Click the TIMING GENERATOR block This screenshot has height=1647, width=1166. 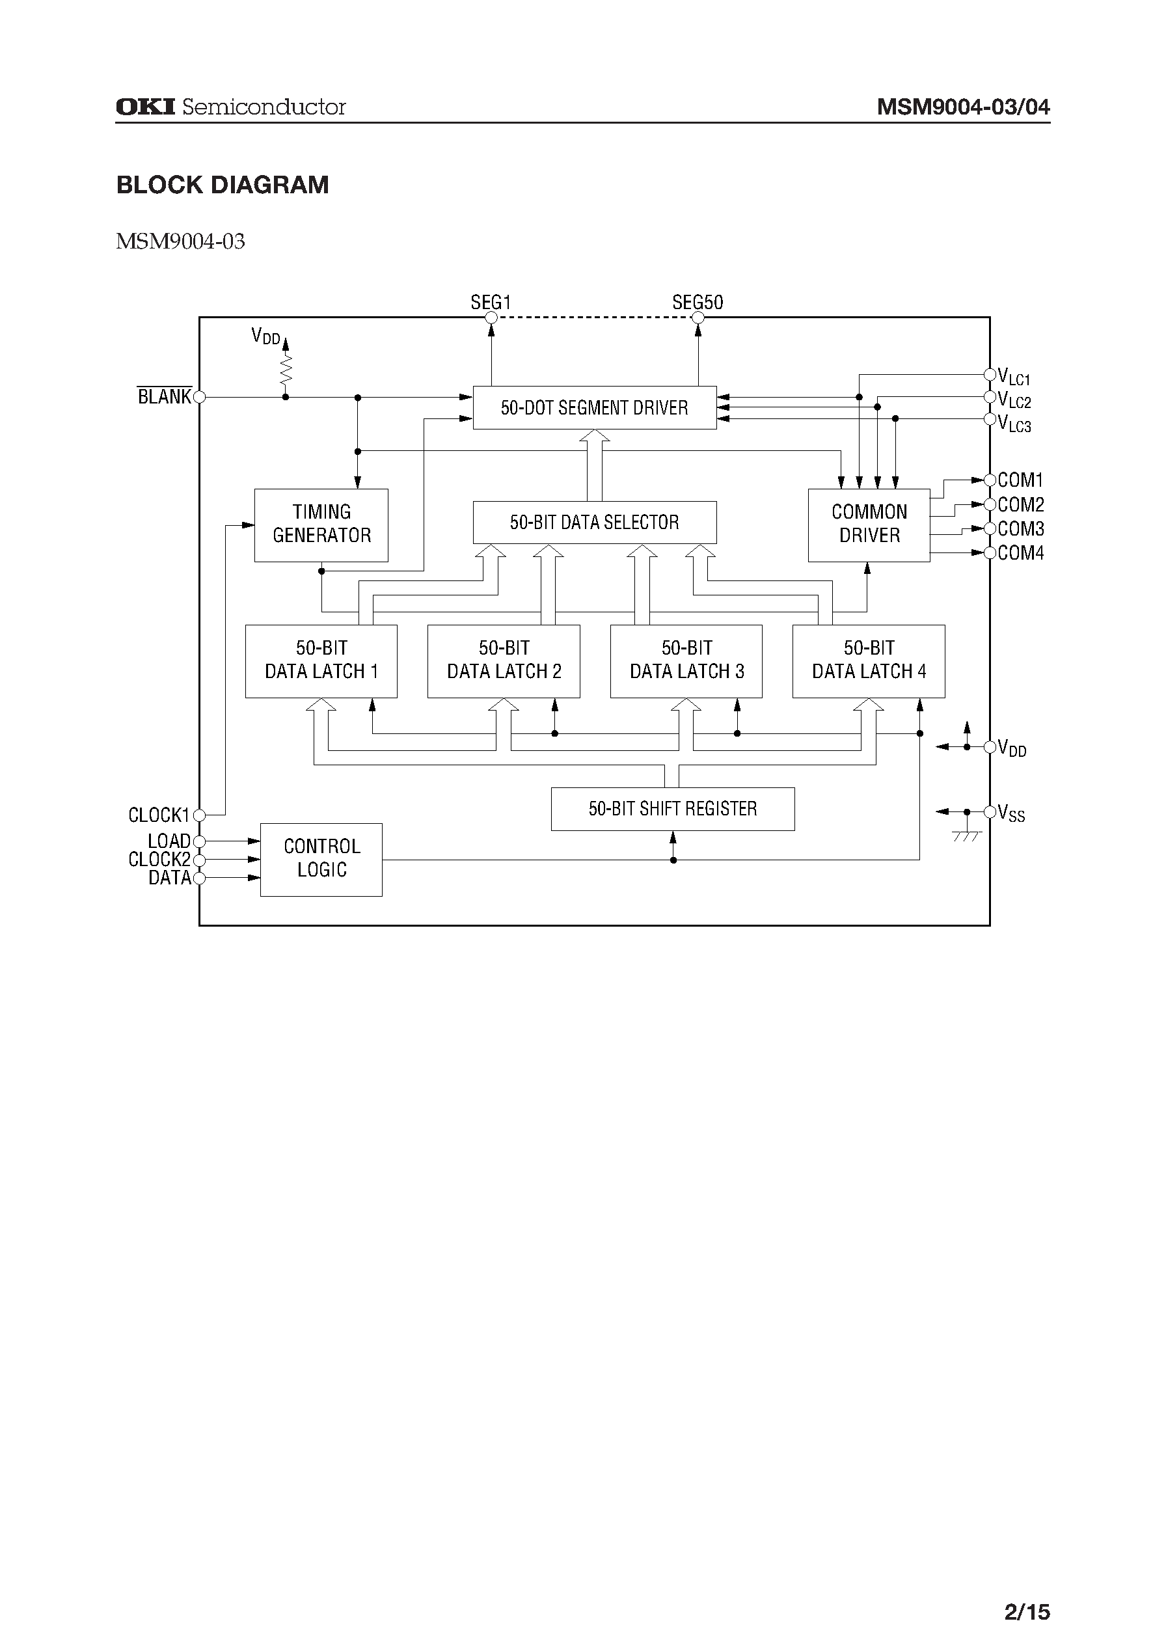[321, 525]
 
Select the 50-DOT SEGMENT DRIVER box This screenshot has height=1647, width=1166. [595, 408]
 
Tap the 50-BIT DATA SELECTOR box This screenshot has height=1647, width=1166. [595, 522]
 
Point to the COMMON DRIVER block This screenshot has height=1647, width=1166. [869, 525]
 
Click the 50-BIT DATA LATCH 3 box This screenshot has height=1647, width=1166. [686, 660]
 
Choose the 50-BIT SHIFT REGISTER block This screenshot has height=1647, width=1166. [673, 809]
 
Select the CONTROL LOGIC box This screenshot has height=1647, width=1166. [321, 860]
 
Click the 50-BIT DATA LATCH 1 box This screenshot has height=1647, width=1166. [321, 660]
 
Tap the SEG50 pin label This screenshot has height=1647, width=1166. [697, 302]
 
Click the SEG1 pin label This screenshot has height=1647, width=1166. [491, 302]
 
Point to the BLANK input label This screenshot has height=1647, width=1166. [165, 396]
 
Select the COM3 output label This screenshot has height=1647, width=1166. [1020, 529]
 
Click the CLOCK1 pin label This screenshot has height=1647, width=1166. [159, 815]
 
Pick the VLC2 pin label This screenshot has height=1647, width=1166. [1014, 400]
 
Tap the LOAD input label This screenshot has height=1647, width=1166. [169, 841]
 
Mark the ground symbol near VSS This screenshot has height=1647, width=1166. [966, 836]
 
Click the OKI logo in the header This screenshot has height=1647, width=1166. [145, 107]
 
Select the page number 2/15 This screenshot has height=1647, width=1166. [1027, 1612]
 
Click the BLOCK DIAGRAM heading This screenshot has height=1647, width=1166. [223, 185]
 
